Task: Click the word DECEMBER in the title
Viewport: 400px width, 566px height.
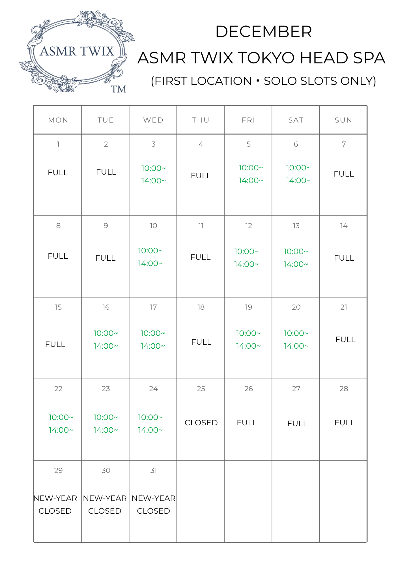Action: pyautogui.click(x=263, y=31)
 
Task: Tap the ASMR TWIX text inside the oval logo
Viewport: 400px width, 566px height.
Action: pyautogui.click(x=77, y=52)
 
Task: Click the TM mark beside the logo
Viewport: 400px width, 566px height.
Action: pyautogui.click(x=119, y=89)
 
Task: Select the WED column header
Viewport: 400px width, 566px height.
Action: pyautogui.click(x=153, y=120)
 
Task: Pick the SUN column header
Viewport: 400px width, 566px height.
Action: pyautogui.click(x=343, y=120)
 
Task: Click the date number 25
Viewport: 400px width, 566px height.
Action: pyautogui.click(x=201, y=389)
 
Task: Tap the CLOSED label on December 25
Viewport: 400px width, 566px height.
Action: pyautogui.click(x=201, y=423)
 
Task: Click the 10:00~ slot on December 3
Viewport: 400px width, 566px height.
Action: pyautogui.click(x=153, y=168)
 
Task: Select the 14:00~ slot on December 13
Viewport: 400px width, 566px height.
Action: pyautogui.click(x=296, y=264)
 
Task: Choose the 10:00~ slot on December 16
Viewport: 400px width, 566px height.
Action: pyautogui.click(x=106, y=333)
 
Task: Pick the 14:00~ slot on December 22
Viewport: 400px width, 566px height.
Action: pyautogui.click(x=61, y=430)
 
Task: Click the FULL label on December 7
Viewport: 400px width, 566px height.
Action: pyautogui.click(x=344, y=174)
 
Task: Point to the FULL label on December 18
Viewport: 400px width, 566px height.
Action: pyautogui.click(x=201, y=342)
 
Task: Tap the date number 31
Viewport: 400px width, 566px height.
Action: pyautogui.click(x=153, y=470)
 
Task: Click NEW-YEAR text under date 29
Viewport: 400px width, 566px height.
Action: pyautogui.click(x=55, y=498)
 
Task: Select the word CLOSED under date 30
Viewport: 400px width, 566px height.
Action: pyautogui.click(x=105, y=511)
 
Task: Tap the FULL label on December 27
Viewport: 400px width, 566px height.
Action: pyautogui.click(x=297, y=423)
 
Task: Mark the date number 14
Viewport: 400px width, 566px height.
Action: pyautogui.click(x=344, y=226)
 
